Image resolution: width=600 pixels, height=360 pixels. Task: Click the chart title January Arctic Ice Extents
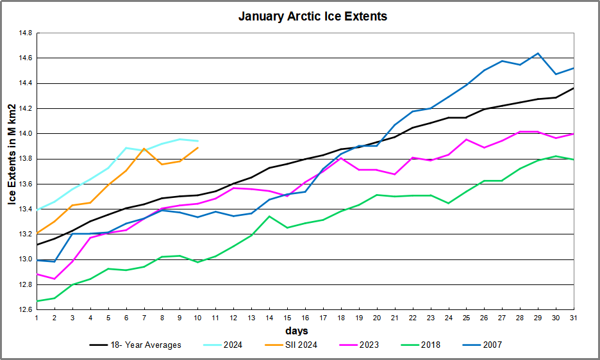(x=313, y=16)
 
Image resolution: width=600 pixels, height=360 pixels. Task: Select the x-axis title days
(x=296, y=331)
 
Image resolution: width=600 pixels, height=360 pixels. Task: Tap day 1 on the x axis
(x=37, y=318)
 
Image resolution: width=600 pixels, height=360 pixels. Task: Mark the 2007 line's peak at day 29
(x=537, y=53)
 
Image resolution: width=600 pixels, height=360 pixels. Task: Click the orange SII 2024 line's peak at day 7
(x=144, y=149)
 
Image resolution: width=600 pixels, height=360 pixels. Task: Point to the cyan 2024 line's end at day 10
(x=197, y=141)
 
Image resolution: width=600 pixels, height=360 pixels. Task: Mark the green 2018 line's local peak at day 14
(x=269, y=216)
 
